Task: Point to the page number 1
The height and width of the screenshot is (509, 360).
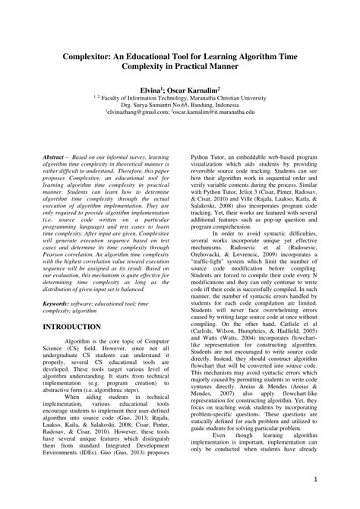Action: [x=314, y=481]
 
